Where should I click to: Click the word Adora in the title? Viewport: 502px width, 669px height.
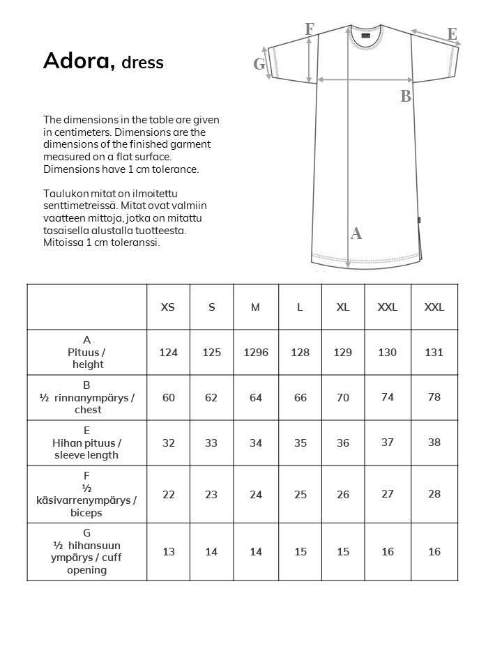[x=79, y=61]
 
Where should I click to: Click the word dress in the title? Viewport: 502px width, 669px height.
[x=142, y=63]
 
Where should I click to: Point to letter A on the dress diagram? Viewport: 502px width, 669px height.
[x=356, y=234]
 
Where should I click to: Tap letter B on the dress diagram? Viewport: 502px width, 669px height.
[x=406, y=97]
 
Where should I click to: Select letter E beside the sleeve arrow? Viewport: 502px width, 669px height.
[x=452, y=34]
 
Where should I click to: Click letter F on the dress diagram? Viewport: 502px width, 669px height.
[x=310, y=29]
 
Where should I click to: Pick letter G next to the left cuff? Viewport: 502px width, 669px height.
[x=259, y=64]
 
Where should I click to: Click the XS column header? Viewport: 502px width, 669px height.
[x=168, y=307]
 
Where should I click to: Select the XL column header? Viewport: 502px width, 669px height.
[x=343, y=307]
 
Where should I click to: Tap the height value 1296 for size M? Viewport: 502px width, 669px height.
[x=256, y=353]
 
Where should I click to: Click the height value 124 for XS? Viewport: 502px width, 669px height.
[x=168, y=353]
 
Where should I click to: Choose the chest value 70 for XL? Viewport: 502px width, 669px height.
[x=343, y=398]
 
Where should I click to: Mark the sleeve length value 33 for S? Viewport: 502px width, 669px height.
[x=211, y=443]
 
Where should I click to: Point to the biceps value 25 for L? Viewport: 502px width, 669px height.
[x=300, y=495]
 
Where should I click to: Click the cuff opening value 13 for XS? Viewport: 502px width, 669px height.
[x=168, y=552]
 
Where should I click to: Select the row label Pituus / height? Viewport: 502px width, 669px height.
[x=87, y=353]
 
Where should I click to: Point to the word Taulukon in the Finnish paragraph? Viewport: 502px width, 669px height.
[x=64, y=193]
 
